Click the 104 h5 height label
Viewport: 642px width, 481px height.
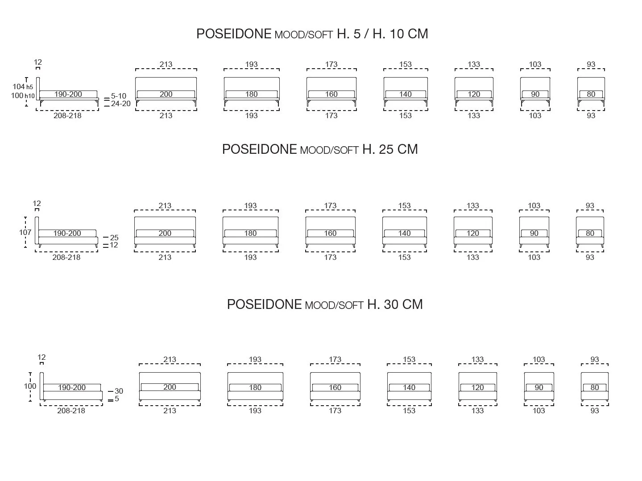tap(23, 87)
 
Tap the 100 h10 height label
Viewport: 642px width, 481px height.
tap(23, 95)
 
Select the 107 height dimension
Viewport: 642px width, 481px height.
tap(25, 232)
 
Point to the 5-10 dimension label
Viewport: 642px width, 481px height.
tap(119, 96)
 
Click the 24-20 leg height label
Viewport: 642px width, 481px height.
tap(120, 103)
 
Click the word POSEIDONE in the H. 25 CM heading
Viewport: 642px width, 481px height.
tap(260, 149)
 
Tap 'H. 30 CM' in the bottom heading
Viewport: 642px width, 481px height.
tap(395, 304)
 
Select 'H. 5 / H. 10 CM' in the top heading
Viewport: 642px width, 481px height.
tap(382, 34)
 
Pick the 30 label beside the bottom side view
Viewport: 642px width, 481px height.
tap(119, 391)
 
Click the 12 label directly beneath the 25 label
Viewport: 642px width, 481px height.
tap(114, 245)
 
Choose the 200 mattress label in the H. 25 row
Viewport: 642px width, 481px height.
tap(165, 233)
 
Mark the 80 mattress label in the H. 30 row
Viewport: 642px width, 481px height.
tap(595, 387)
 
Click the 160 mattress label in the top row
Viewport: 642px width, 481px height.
tap(331, 94)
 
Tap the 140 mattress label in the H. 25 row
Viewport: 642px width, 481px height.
tap(405, 233)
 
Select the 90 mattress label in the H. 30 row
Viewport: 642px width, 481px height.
tap(539, 387)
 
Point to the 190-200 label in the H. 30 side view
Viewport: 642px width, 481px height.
tap(72, 387)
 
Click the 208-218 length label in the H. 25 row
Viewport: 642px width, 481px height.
tap(66, 257)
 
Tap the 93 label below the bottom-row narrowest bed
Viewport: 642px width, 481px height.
tap(595, 411)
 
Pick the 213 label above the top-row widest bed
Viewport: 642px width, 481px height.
tap(166, 64)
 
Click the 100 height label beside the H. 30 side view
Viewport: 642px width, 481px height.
tap(30, 386)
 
